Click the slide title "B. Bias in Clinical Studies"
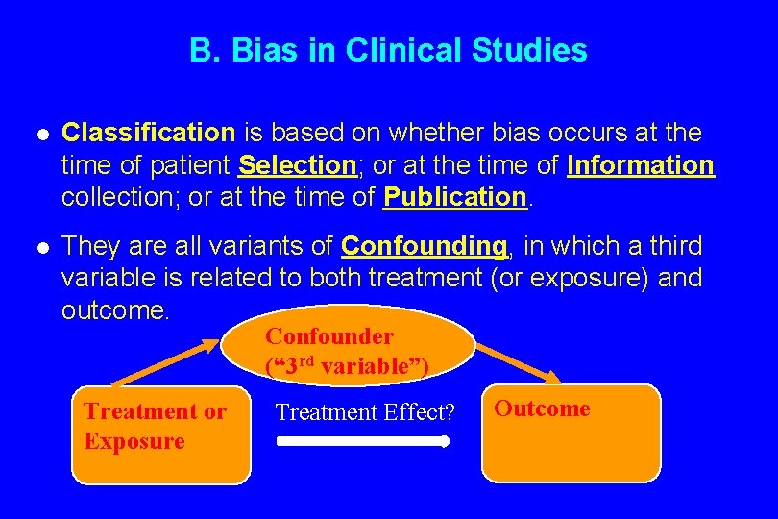(388, 50)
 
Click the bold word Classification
(148, 133)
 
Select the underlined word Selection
(297, 165)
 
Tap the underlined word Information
(641, 165)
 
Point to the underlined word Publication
(455, 197)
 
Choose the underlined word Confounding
(424, 245)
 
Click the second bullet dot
(36, 247)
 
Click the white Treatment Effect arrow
(363, 442)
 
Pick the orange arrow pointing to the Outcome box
(517, 362)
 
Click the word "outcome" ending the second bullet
(113, 310)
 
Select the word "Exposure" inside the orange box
(134, 441)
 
